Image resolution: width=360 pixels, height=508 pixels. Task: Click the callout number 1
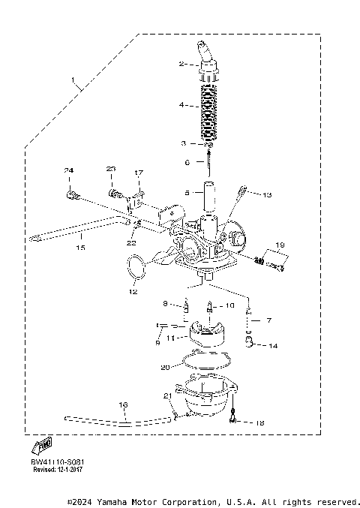(73, 80)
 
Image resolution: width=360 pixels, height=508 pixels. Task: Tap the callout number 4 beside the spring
(182, 106)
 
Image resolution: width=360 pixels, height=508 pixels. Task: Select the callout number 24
(68, 172)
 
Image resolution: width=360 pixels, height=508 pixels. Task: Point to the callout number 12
(133, 290)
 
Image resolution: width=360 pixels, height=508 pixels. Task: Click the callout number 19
(280, 245)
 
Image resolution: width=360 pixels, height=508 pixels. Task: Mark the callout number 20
(165, 368)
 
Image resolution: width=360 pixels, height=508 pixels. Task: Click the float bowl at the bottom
(208, 400)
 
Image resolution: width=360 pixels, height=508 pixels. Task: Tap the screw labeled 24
(72, 196)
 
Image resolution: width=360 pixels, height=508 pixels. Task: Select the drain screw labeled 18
(236, 419)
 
